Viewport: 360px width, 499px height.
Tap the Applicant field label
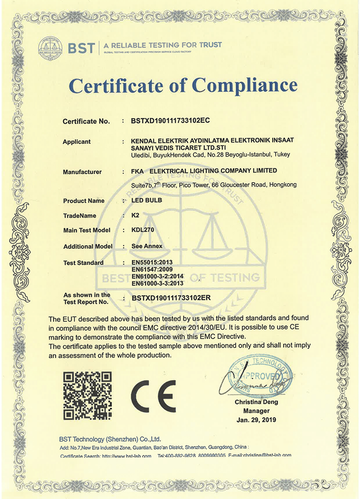76,142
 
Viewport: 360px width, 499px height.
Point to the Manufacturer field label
82,172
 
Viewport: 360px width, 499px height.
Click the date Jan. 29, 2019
256,420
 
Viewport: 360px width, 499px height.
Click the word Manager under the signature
256,411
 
